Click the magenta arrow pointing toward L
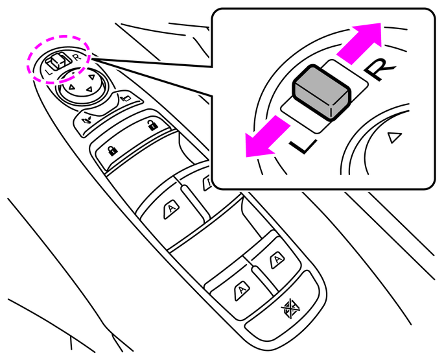(266, 138)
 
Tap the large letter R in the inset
(379, 69)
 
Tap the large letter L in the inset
(303, 145)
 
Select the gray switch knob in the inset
(322, 92)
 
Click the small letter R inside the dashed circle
(76, 57)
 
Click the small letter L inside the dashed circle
(49, 72)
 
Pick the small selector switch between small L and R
(58, 61)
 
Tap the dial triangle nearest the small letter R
(91, 77)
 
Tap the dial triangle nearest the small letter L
(72, 87)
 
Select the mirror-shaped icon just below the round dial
(125, 98)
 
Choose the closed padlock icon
(113, 150)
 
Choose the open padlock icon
(152, 125)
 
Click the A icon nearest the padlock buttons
(172, 209)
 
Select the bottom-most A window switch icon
(242, 290)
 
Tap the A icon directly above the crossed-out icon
(277, 259)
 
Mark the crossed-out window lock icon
(290, 307)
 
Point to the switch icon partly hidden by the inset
(207, 183)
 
